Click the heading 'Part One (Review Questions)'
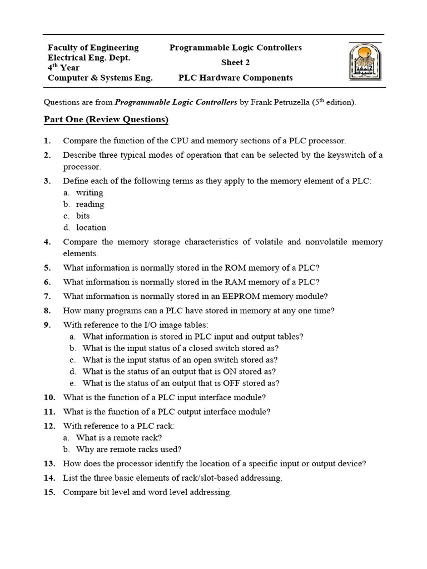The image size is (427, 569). coord(106,119)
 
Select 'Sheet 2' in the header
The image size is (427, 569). coord(235,62)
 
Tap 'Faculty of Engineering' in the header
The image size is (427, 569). coord(93,47)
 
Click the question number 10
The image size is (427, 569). coord(49,397)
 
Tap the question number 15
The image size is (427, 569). coord(49,492)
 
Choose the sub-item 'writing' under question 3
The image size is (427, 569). coord(90,193)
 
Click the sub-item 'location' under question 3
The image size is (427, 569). coord(91,227)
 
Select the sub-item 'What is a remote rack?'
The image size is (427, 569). coord(119,438)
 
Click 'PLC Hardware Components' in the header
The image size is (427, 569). coord(235,78)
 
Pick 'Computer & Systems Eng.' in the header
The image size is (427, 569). coord(100,78)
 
